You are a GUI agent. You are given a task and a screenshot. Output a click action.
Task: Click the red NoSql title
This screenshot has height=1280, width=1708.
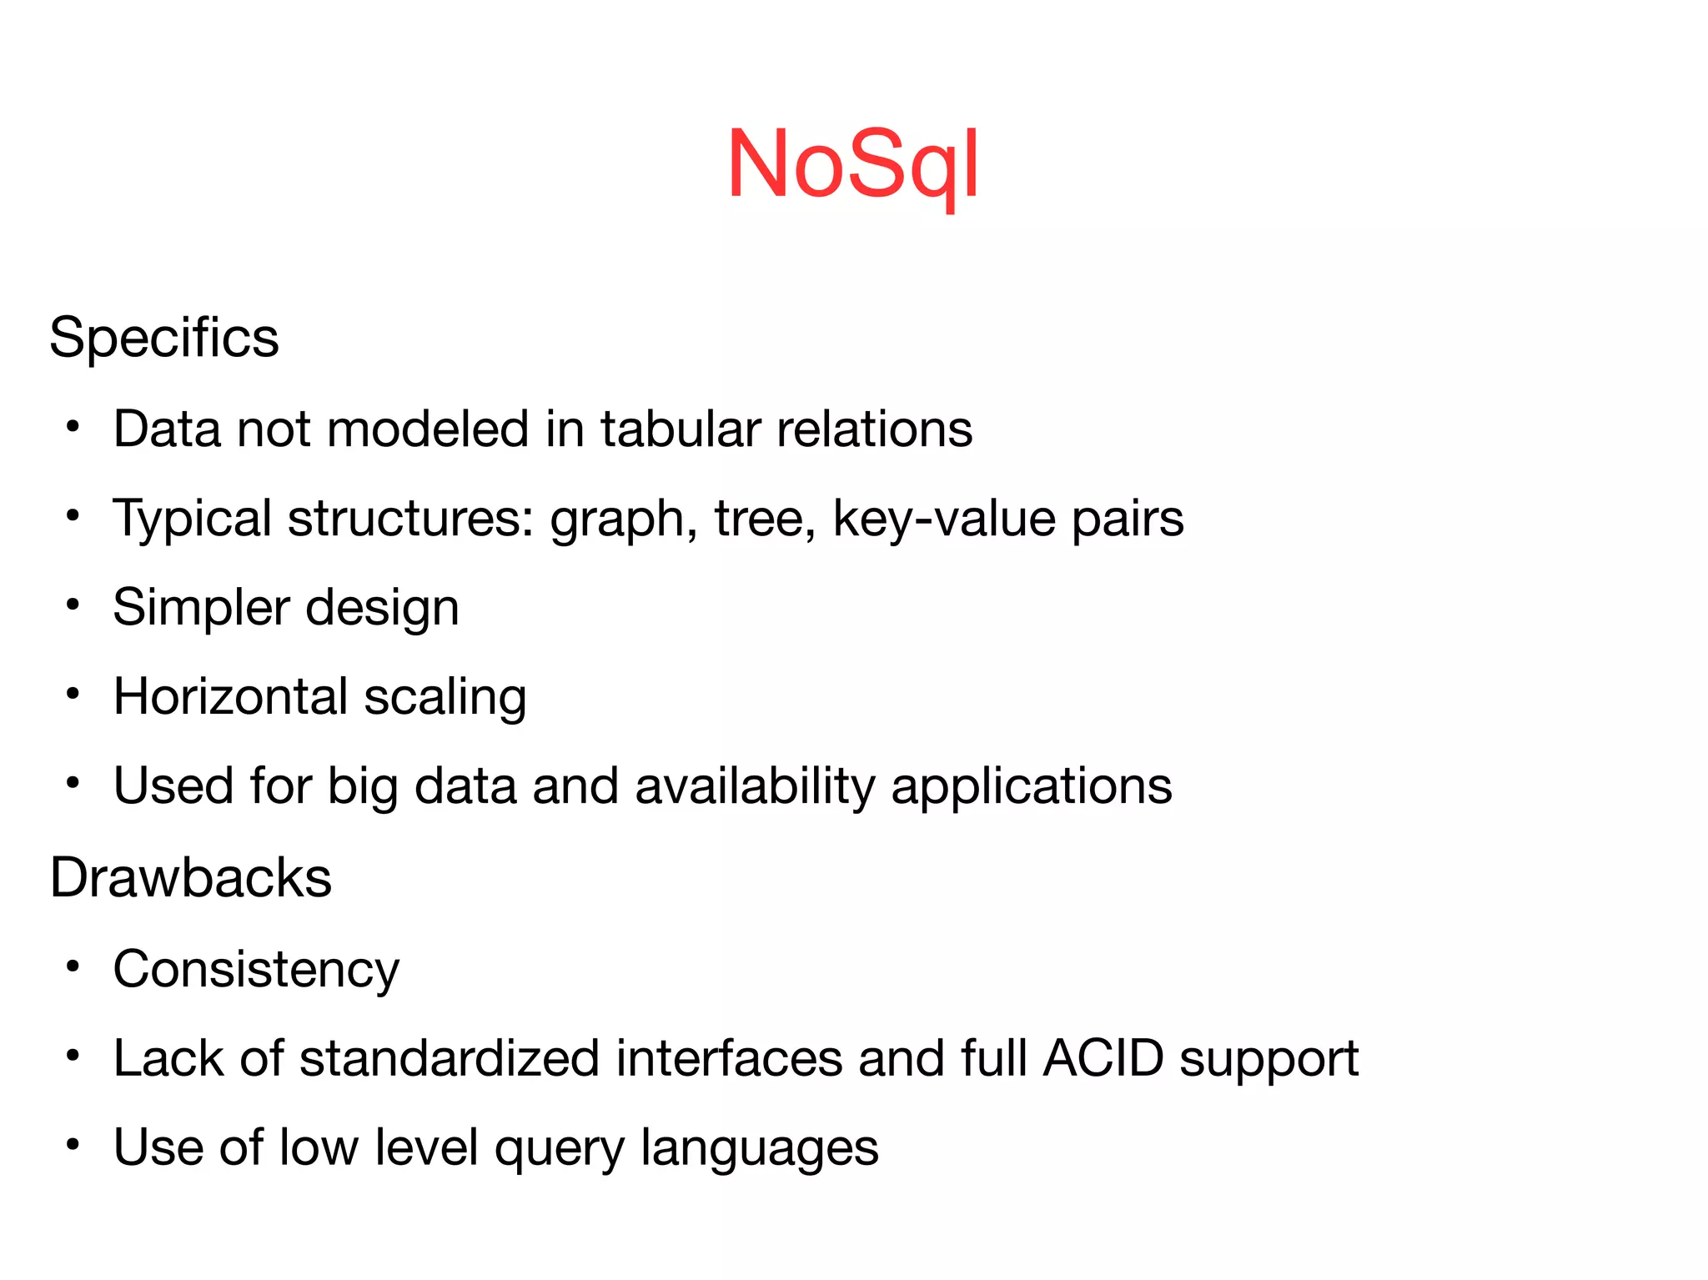click(x=852, y=164)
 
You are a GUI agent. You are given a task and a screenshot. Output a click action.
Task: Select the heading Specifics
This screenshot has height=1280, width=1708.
click(x=164, y=338)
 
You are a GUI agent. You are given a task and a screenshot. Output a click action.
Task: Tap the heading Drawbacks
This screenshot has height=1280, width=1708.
click(x=190, y=877)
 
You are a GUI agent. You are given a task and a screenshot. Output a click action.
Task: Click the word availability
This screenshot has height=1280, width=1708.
click(x=755, y=786)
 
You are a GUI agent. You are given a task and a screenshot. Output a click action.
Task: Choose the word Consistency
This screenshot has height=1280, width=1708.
click(x=256, y=970)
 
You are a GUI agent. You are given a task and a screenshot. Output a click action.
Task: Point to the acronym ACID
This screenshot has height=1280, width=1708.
click(x=1103, y=1058)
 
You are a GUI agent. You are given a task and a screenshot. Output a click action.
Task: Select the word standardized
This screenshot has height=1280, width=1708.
click(x=450, y=1058)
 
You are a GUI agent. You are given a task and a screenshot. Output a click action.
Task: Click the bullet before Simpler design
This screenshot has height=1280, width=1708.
click(x=73, y=605)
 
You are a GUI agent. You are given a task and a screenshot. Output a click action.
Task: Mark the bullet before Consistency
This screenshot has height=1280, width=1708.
click(x=73, y=966)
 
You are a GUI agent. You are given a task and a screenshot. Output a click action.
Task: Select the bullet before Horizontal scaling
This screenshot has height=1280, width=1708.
click(x=73, y=694)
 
